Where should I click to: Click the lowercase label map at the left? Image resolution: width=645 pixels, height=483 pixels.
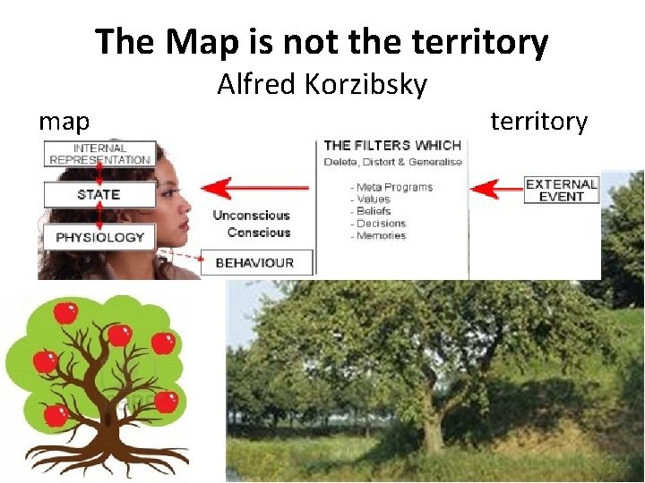64,121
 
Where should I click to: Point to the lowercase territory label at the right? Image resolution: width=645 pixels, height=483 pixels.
538,121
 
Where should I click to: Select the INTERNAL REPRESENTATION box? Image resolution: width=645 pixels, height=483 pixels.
99,154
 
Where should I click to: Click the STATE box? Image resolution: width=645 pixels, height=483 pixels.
99,195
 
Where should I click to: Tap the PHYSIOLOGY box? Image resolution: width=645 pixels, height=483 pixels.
99,237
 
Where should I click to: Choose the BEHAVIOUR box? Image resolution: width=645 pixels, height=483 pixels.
254,262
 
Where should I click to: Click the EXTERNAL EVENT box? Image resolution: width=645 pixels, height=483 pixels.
561,190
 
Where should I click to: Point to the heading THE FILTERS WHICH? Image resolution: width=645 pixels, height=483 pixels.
392,145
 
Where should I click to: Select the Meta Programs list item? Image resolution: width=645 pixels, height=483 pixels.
394,187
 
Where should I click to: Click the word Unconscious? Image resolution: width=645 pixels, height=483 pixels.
251,216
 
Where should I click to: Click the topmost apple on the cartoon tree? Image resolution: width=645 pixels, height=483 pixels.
64,312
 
